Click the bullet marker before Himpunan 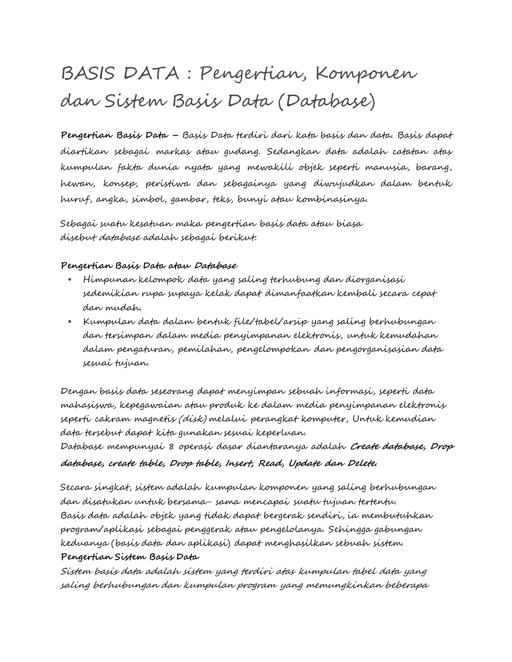tap(70, 280)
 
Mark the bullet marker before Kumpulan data tap(70, 322)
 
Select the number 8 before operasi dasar tap(171, 447)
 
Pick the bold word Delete tap(362, 463)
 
